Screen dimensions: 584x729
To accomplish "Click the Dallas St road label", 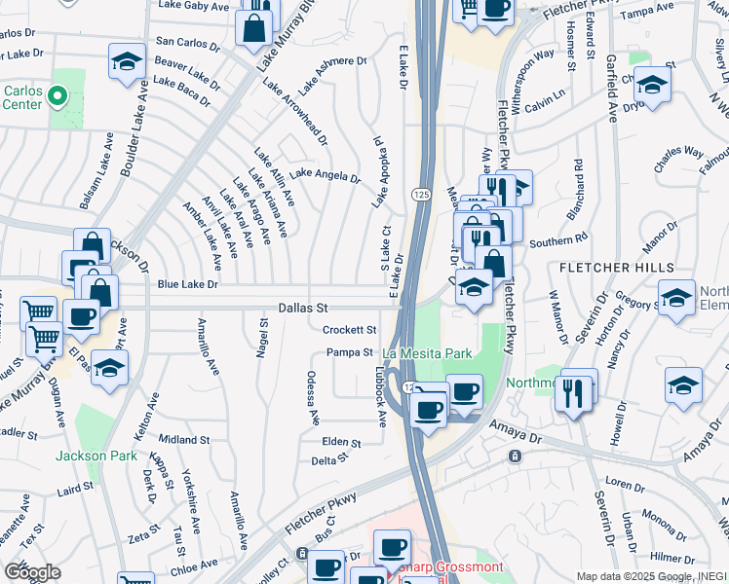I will click(x=302, y=307).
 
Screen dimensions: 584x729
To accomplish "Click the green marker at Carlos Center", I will click(x=57, y=96).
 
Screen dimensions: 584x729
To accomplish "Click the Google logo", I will click(x=32, y=571).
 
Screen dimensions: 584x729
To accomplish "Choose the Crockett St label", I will click(x=349, y=330).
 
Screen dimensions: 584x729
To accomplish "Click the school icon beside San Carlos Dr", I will click(x=127, y=62).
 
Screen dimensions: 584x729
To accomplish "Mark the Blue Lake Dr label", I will click(x=187, y=285).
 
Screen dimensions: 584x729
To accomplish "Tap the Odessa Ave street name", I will click(x=314, y=397).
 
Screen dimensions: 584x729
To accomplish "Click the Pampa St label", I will click(x=350, y=352).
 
